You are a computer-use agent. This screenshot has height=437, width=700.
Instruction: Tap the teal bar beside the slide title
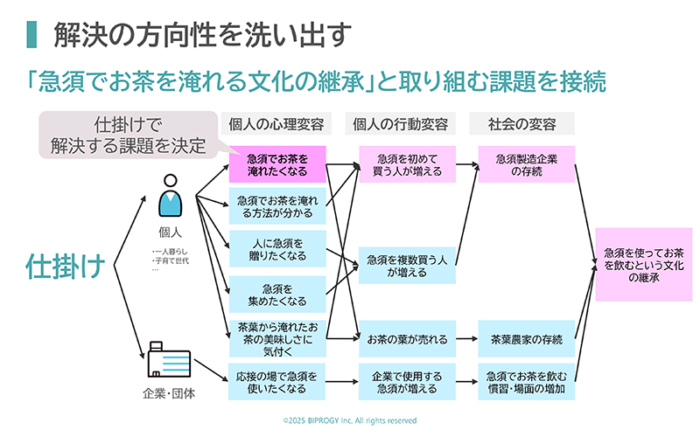pos(31,34)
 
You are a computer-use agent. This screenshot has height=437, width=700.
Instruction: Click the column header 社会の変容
pos(521,123)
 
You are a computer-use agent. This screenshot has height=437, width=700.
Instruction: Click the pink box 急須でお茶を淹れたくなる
pos(276,165)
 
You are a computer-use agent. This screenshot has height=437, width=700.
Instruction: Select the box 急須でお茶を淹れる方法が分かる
pos(276,206)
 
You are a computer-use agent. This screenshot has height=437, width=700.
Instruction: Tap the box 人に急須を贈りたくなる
pos(276,248)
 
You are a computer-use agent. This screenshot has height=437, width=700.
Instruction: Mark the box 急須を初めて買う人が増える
pos(407,165)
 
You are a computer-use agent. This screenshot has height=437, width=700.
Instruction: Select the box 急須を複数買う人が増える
pos(407,266)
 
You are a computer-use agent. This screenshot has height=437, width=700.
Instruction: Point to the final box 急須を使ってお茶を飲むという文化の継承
pos(643,264)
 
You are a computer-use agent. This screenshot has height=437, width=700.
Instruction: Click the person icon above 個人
pos(169,199)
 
